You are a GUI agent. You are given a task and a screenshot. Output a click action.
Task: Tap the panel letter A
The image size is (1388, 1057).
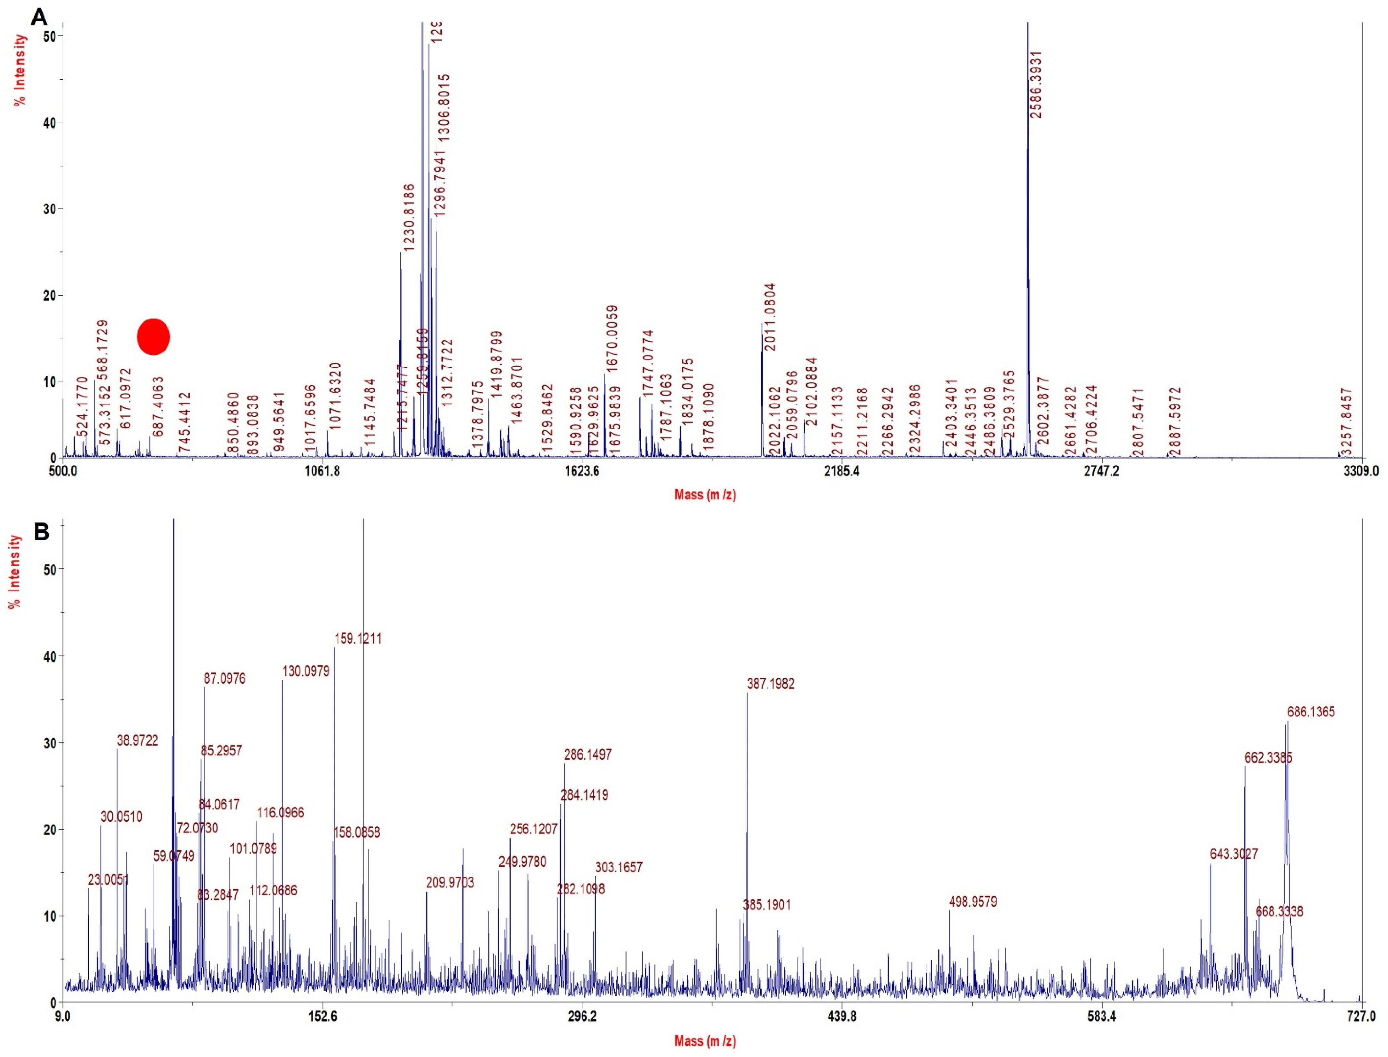click(x=39, y=16)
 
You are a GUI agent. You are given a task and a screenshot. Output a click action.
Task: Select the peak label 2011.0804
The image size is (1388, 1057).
click(x=770, y=317)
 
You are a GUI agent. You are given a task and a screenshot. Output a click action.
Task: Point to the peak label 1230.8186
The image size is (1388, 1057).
click(x=409, y=217)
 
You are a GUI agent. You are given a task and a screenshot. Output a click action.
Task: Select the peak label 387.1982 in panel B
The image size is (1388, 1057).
click(x=770, y=684)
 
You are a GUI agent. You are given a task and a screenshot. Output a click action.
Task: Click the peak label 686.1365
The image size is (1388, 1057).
click(x=1311, y=712)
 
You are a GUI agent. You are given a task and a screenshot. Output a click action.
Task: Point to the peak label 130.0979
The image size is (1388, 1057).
click(x=306, y=671)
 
